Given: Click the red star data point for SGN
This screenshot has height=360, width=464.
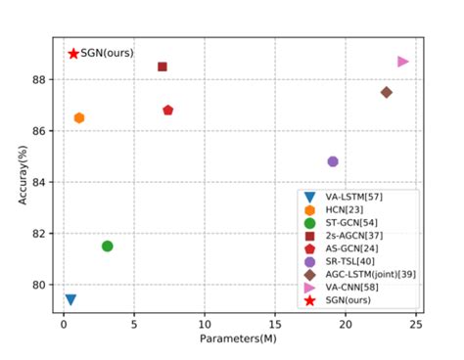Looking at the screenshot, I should (x=72, y=53).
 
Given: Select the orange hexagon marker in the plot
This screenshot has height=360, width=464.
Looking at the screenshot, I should (x=79, y=117).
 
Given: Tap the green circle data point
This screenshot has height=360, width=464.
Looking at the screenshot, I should (x=108, y=246).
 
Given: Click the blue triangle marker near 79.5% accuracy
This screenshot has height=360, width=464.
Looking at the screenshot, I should (x=70, y=299).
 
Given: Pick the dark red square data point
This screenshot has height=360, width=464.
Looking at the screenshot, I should (x=162, y=67).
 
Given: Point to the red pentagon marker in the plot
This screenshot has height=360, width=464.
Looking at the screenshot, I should (x=168, y=111).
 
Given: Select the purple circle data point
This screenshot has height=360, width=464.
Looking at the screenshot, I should (x=333, y=161).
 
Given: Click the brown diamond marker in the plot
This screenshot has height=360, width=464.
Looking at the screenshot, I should (x=387, y=92).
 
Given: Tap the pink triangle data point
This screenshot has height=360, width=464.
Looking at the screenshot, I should (x=403, y=62).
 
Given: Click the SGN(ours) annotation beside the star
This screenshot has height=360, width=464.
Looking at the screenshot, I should (x=107, y=53).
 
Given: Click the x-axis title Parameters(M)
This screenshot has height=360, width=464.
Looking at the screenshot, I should (x=240, y=337).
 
